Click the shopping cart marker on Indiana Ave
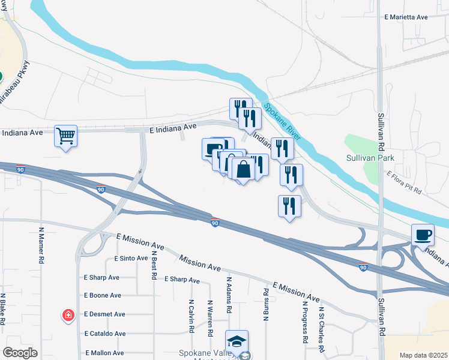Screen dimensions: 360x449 coord(66,136)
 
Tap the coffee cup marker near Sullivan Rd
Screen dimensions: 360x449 coord(423,235)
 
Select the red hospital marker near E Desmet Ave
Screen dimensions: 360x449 coord(68,315)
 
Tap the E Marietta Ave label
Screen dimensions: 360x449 coord(406,17)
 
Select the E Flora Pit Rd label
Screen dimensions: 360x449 coord(405,182)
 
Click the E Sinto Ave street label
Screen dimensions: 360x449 coord(131,259)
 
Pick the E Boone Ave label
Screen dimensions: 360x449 coord(103,295)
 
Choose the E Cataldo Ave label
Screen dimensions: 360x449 coord(105,334)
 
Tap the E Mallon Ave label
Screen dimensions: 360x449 coord(104,353)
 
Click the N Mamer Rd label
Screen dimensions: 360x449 coord(42,245)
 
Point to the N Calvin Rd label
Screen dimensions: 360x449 coord(191,316)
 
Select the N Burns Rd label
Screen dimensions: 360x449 coord(265,304)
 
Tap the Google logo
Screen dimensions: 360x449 coord(20,353)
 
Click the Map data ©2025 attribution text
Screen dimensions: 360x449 coord(424,355)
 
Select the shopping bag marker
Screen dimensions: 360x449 coord(244,169)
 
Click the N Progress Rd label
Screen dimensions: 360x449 coord(305,322)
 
